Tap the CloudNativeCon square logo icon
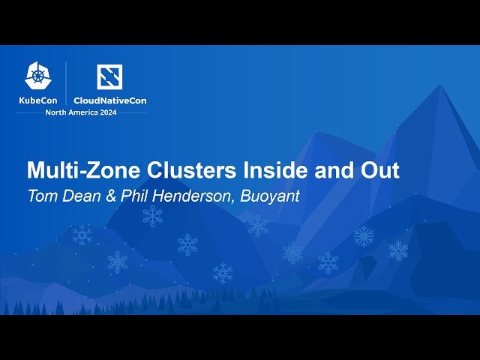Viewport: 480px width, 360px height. coord(109,76)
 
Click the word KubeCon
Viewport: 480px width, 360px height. coord(39,100)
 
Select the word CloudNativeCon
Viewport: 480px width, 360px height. coord(109,100)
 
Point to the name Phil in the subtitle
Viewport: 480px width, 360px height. coord(130,196)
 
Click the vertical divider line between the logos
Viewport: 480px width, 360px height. coord(67,83)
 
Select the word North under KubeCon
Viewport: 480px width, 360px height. coord(57,112)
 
